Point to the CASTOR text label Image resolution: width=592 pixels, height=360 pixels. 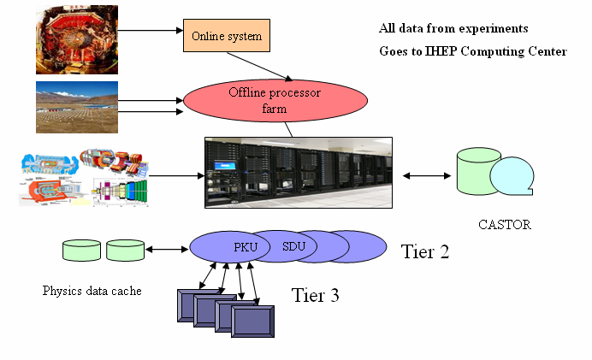tap(504, 226)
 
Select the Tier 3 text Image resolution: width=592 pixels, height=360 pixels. tap(315, 296)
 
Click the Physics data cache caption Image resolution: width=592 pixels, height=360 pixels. tap(92, 291)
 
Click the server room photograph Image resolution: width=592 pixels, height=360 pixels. tap(298, 172)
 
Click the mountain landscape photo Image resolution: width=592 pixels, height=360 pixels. tap(78, 108)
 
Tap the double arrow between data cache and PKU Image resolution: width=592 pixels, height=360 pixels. tap(167, 250)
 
